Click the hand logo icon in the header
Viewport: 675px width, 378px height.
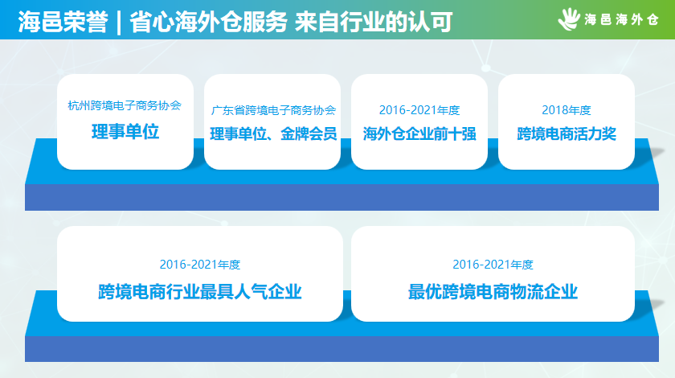[x=569, y=19]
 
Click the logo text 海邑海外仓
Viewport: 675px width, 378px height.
[x=621, y=19]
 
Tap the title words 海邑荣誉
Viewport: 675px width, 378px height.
[x=63, y=22]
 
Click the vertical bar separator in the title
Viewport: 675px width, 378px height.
[x=119, y=23]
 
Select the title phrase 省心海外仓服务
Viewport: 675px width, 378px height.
[x=208, y=22]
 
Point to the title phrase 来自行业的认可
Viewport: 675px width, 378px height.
[x=374, y=22]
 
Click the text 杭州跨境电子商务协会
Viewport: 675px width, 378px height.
[x=125, y=105]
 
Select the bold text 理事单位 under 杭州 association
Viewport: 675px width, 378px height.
[x=125, y=131]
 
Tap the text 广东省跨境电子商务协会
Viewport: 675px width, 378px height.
[x=273, y=110]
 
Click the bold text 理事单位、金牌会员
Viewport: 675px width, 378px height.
[x=273, y=134]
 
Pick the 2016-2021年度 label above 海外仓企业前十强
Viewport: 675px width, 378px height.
[x=419, y=110]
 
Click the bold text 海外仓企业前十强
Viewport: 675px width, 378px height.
[x=419, y=134]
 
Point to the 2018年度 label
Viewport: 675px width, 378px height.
[x=566, y=110]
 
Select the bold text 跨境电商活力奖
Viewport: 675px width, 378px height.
[x=567, y=134]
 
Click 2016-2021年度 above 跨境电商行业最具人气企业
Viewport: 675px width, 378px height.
[x=200, y=265]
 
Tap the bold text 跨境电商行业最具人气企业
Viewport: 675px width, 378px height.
[x=200, y=292]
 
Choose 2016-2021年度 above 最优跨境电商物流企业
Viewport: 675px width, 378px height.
[x=493, y=265]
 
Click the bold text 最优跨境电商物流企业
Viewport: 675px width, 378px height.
[x=493, y=292]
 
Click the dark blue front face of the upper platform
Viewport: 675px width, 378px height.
[x=342, y=197]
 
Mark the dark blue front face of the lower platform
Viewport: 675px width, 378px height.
[x=342, y=349]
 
